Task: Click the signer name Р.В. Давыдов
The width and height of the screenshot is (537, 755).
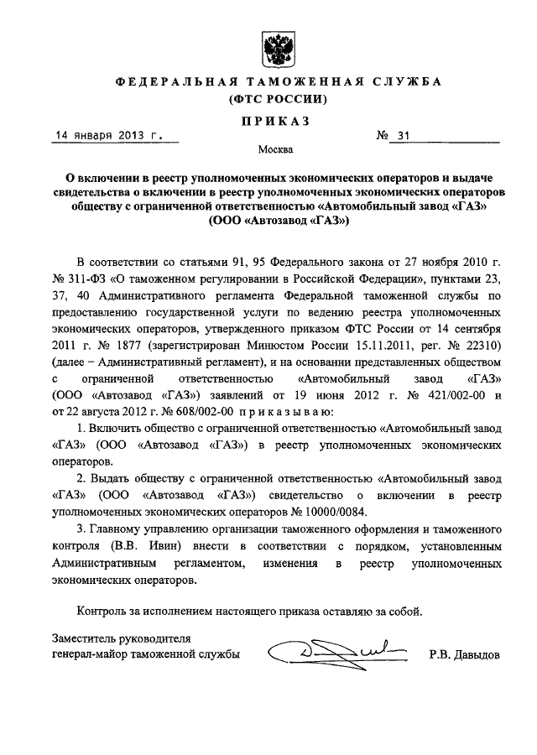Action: (x=462, y=653)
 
